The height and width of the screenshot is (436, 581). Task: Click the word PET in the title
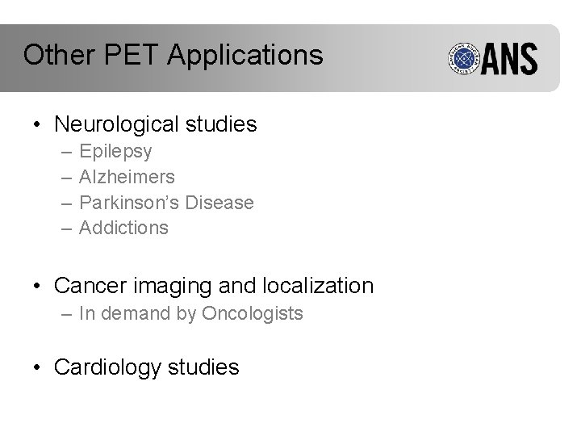tap(126, 55)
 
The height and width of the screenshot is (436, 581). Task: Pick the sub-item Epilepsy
tap(115, 152)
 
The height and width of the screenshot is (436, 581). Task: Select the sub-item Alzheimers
tap(127, 177)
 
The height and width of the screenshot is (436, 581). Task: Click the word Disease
tap(220, 202)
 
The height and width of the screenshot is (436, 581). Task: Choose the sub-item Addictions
tap(123, 228)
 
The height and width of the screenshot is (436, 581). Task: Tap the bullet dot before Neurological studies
tap(37, 125)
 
